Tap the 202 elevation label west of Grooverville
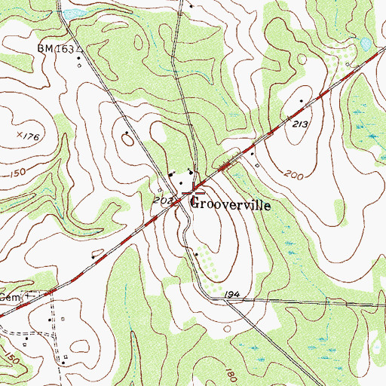163,201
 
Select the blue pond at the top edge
73,13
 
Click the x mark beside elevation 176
19,135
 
